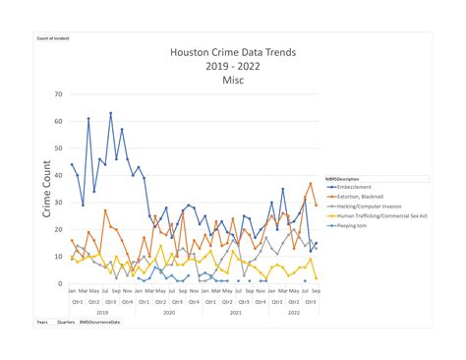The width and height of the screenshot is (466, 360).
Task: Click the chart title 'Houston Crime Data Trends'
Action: pos(232,51)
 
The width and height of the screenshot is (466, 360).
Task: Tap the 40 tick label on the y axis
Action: pos(58,176)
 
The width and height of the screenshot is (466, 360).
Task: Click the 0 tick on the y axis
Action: pos(60,284)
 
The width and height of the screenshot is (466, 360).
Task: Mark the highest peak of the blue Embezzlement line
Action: pos(110,113)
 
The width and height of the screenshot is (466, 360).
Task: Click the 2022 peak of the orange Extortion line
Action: pos(311,184)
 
